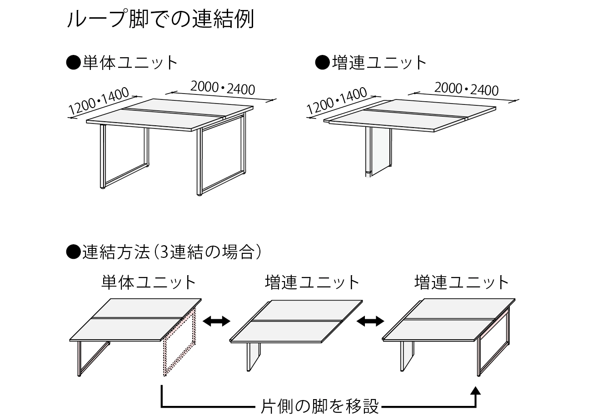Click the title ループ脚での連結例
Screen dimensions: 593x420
click(x=161, y=19)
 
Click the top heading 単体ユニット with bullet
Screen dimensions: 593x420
click(x=122, y=63)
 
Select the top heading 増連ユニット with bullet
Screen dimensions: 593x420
click(x=371, y=63)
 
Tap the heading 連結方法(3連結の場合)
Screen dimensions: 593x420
click(x=164, y=252)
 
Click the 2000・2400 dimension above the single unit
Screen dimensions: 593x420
click(x=223, y=89)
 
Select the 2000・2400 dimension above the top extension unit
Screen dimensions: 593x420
click(x=466, y=89)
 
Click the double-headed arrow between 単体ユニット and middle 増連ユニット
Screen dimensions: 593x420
click(x=216, y=321)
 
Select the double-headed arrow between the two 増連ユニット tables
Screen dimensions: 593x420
click(x=370, y=321)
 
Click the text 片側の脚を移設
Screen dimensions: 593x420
click(x=319, y=406)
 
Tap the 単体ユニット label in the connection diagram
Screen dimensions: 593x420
click(x=149, y=282)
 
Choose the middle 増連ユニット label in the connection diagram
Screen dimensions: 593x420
click(x=312, y=282)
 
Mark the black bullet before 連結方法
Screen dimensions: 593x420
click(x=73, y=252)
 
